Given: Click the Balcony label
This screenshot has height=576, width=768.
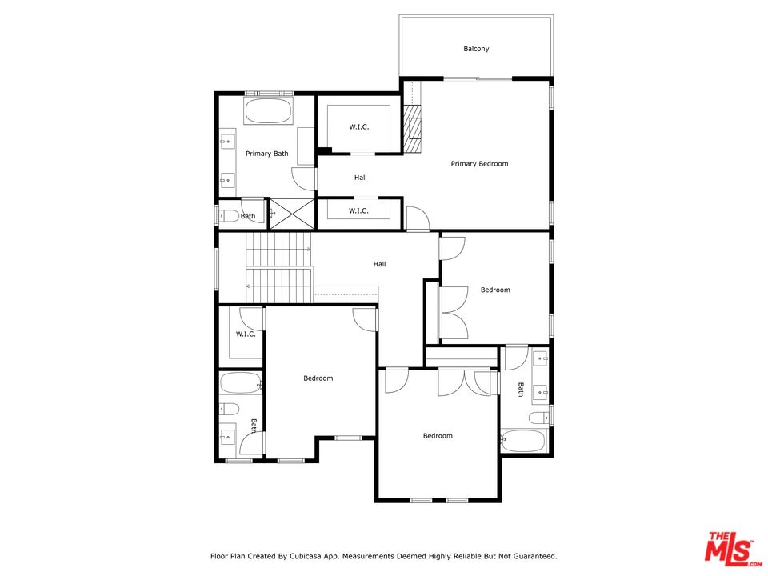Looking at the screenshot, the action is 476,49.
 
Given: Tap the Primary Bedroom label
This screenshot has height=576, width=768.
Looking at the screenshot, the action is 479,163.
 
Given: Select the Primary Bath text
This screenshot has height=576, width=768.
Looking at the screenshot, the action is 267,154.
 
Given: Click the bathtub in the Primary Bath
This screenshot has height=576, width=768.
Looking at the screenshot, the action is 268,112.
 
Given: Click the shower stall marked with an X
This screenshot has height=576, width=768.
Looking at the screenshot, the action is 292,213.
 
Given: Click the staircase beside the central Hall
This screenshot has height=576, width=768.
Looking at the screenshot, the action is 278,267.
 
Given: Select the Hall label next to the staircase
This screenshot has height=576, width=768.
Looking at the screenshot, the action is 379,264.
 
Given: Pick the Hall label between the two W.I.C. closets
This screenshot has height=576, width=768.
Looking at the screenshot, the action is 361,178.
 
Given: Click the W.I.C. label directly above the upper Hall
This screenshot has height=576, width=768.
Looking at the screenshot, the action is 359,127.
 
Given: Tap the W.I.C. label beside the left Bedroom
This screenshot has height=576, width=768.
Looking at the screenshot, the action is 246,334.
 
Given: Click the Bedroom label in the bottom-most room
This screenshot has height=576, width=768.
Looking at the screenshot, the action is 438,435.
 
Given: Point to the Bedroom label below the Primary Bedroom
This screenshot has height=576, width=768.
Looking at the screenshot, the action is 495,290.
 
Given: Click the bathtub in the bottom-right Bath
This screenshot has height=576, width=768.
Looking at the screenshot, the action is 522,441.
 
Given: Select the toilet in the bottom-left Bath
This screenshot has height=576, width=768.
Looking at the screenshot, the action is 229,409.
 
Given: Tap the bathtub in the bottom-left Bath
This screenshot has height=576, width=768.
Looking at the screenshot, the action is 241,383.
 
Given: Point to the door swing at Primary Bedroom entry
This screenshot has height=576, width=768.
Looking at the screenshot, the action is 418,218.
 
